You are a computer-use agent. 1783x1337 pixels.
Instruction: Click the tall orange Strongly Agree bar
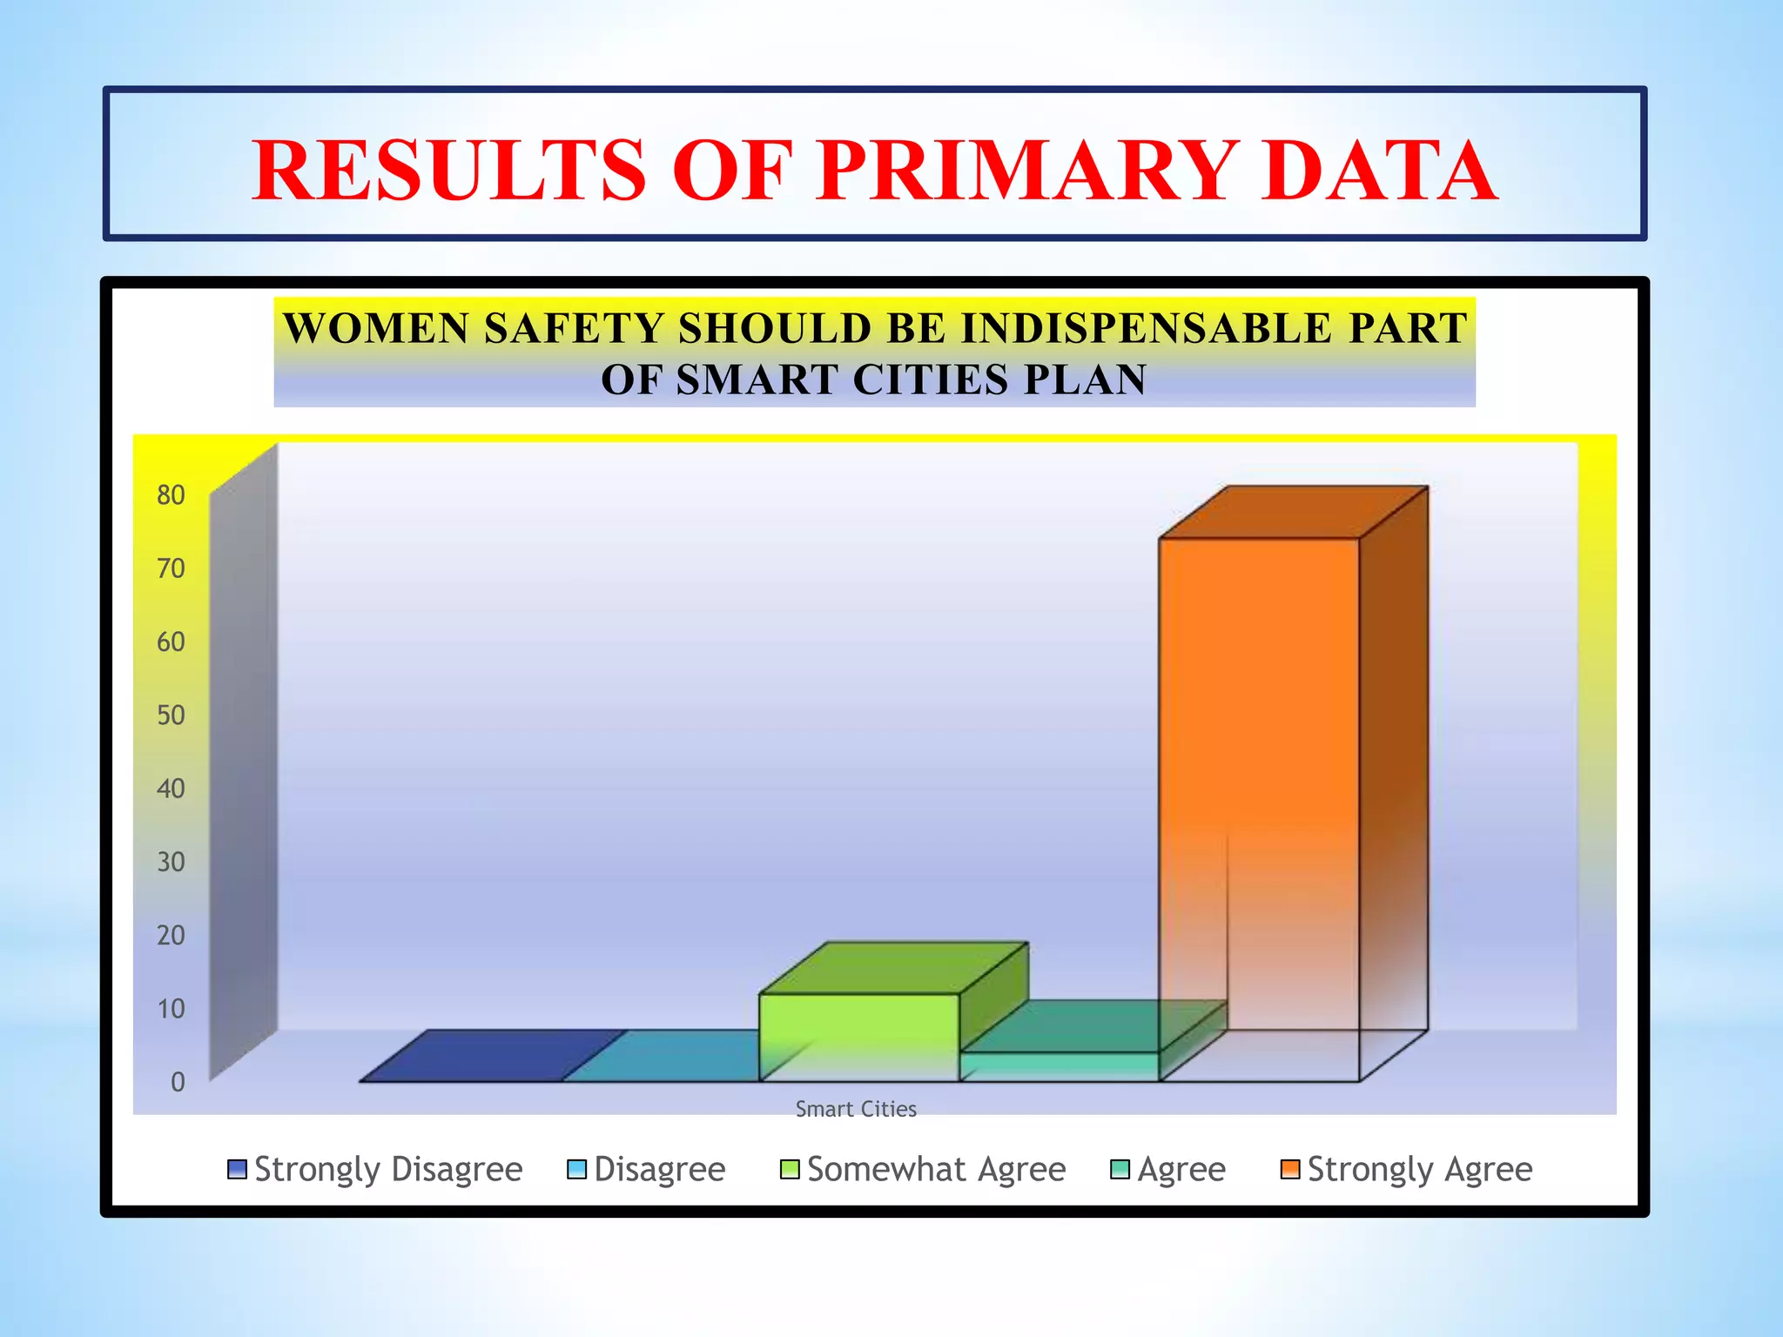coord(1259,783)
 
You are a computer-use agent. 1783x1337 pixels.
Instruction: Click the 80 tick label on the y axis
coord(171,495)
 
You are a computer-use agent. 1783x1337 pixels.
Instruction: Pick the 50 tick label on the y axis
coord(171,716)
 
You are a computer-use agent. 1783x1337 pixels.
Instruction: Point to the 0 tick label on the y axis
coord(178,1082)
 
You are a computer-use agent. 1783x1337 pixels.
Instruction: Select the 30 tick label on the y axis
coord(171,862)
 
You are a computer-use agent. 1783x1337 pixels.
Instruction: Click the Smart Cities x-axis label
coord(856,1109)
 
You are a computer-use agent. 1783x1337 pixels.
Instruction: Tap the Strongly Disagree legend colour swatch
coord(237,1169)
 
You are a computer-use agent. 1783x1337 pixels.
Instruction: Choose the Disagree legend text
coord(659,1169)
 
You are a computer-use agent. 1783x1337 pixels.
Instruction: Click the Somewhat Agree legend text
coord(936,1169)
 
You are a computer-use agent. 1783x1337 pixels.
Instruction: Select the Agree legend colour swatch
coord(1120,1169)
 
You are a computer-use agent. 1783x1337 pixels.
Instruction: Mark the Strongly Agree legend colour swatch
coord(1290,1169)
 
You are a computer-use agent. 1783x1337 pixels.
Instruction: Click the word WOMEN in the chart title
coord(376,329)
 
